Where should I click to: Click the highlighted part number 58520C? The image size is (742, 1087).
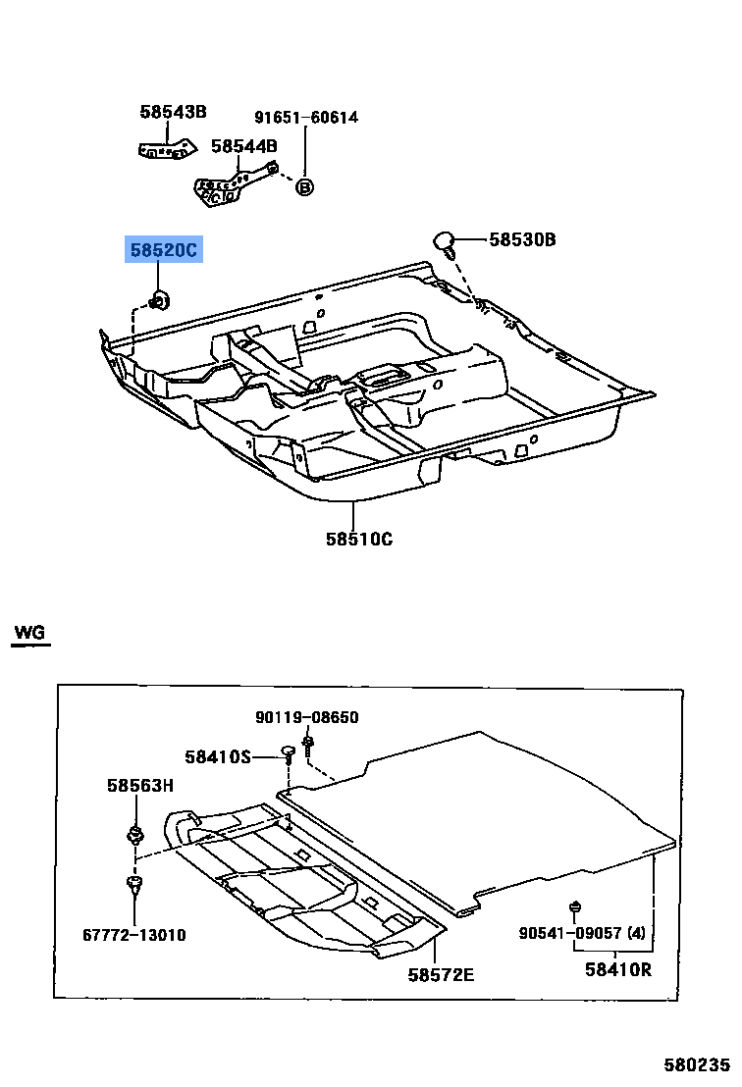(163, 251)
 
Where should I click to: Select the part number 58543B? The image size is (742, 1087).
(173, 112)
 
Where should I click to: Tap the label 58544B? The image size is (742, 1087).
(243, 146)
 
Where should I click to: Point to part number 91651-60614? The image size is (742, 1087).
(306, 118)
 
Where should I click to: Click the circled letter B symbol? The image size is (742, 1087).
(304, 186)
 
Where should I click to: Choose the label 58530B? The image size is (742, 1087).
(522, 238)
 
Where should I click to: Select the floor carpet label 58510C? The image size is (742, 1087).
(359, 539)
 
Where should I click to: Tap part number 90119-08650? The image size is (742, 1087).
(307, 717)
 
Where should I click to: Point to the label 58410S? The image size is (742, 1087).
(218, 756)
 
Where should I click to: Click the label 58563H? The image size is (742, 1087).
(139, 785)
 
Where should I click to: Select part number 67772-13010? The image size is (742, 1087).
(134, 935)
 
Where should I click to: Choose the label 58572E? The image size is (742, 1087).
(441, 973)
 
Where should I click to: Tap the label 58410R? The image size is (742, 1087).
(618, 970)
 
